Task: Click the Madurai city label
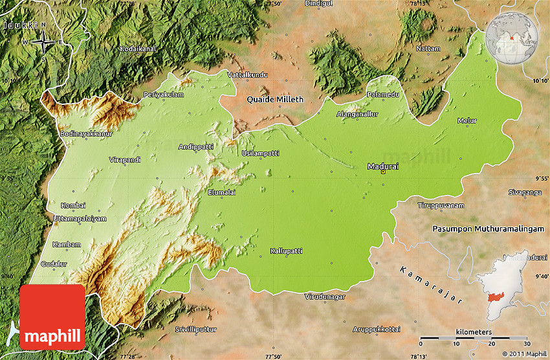pyautogui.click(x=383, y=166)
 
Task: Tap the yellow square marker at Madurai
pyautogui.click(x=383, y=172)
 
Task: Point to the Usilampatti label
pyautogui.click(x=260, y=153)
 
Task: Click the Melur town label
pyautogui.click(x=467, y=121)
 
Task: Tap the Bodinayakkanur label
pyautogui.click(x=86, y=133)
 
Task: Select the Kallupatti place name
pyautogui.click(x=286, y=251)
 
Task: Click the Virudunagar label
pyautogui.click(x=325, y=297)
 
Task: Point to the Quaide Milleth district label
pyautogui.click(x=275, y=99)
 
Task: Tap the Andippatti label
pyautogui.click(x=196, y=147)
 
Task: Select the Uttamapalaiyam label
pyautogui.click(x=79, y=219)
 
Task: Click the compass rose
pyautogui.click(x=44, y=43)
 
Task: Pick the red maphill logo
pyautogui.click(x=52, y=317)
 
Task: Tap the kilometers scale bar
pyautogui.click(x=474, y=337)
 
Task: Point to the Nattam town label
pyautogui.click(x=428, y=49)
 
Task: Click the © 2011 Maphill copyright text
pyautogui.click(x=523, y=354)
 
